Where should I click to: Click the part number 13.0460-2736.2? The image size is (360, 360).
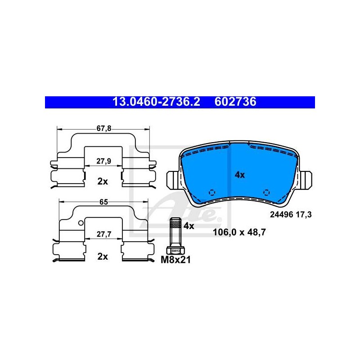[156, 102]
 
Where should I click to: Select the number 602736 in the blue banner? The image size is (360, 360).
[235, 102]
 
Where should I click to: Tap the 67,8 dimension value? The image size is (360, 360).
[104, 128]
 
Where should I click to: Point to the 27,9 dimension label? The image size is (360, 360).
[104, 161]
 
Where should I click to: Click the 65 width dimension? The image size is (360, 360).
[104, 202]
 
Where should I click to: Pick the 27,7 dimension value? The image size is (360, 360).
[104, 234]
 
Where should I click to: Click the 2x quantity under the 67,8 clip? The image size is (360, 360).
[103, 181]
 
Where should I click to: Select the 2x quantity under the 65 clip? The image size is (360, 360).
[103, 256]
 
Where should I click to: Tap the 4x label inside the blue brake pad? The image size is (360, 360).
[240, 175]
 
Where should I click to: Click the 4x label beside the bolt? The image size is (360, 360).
[189, 226]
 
